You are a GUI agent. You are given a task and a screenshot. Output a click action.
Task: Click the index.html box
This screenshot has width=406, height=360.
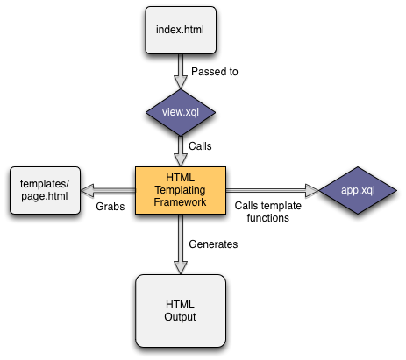[180, 32]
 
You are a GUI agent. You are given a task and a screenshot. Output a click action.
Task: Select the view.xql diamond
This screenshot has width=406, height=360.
[180, 113]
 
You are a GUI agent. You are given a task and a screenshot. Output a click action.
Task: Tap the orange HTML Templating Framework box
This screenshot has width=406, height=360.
[180, 189]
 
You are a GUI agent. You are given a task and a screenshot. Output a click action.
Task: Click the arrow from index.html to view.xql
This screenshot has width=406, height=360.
[180, 72]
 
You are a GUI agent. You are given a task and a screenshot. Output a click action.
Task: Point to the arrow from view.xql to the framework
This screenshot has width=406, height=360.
[180, 151]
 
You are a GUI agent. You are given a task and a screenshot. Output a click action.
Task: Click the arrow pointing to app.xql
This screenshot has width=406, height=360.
[272, 189]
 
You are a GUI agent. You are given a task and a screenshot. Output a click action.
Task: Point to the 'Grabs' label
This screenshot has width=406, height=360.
[110, 207]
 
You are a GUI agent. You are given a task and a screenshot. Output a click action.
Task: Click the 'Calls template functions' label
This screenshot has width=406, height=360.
[270, 212]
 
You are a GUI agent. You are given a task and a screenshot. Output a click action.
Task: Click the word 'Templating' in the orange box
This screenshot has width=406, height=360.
[180, 189]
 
